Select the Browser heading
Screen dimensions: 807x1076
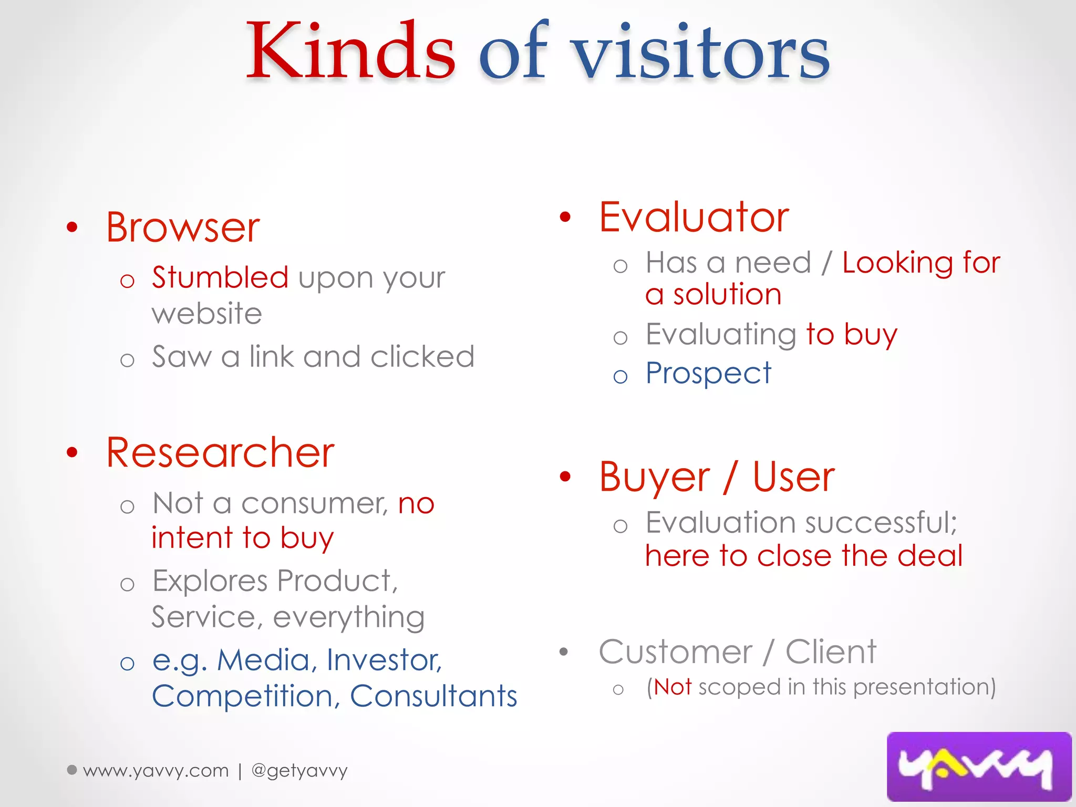pos(183,228)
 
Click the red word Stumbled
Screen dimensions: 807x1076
pos(220,277)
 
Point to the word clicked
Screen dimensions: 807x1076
pos(422,357)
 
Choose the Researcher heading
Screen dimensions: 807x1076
pos(220,453)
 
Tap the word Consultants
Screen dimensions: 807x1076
pos(433,697)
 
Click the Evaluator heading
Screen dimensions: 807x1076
pos(694,218)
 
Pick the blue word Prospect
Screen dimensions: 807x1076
pos(708,374)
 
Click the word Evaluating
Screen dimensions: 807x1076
pos(721,335)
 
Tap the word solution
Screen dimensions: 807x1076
pos(728,295)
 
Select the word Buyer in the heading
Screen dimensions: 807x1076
pos(655,478)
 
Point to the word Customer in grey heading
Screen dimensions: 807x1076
pos(676,653)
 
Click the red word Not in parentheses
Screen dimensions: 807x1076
pos(672,687)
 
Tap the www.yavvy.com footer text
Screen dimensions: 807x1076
pos(156,771)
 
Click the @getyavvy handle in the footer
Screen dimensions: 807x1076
pos(299,771)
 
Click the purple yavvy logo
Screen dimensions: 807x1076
pos(979,766)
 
